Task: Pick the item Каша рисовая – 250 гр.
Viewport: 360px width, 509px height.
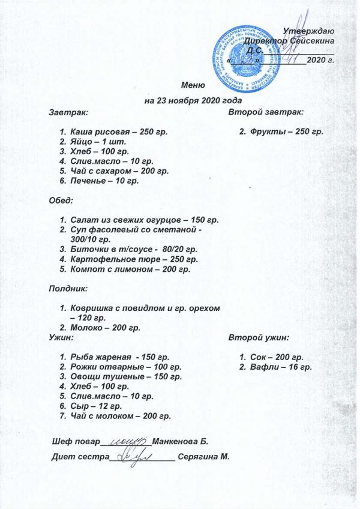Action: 118,131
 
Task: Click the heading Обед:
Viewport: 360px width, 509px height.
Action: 61,199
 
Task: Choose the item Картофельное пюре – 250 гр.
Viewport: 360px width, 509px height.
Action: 133,259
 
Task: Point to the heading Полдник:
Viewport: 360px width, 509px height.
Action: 68,289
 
